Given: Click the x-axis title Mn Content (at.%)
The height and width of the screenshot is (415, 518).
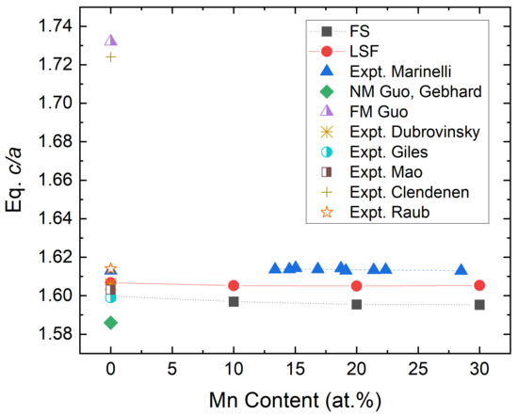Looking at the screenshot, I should [x=296, y=398].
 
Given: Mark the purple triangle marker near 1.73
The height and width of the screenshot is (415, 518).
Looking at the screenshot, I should [x=111, y=40].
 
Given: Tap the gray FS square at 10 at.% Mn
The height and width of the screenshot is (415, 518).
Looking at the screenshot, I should [x=234, y=301].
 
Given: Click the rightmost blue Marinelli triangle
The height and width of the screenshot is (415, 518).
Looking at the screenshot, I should [x=461, y=270].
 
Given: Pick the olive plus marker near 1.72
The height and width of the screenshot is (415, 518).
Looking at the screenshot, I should [x=111, y=56].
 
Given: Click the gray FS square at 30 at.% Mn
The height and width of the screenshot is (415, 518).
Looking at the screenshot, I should [x=479, y=304].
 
